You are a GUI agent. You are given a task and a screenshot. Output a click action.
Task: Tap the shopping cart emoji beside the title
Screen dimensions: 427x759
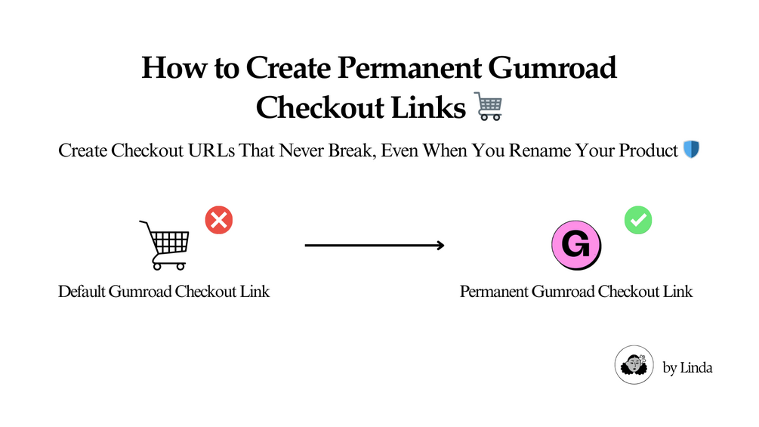[x=489, y=107]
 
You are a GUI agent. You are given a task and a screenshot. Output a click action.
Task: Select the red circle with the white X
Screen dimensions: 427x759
[x=219, y=221]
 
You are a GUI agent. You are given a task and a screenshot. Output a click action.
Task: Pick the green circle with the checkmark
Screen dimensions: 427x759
[x=638, y=221]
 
